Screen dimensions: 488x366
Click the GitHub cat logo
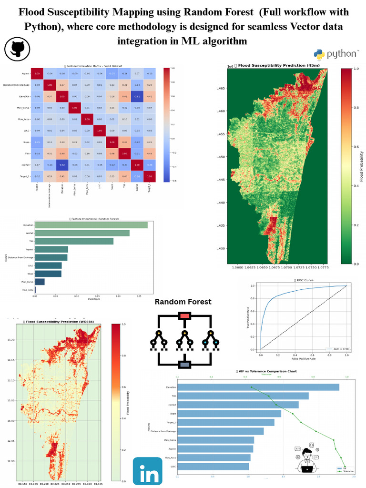click(17, 49)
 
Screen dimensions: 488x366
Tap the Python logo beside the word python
click(320, 54)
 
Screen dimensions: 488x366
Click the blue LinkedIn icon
click(147, 471)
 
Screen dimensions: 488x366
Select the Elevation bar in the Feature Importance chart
click(91, 225)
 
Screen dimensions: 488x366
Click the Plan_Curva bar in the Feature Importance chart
click(40, 282)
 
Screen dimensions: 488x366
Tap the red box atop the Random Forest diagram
click(184, 315)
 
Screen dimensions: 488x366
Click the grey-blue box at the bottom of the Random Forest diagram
click(184, 365)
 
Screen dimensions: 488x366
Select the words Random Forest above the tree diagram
click(183, 302)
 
